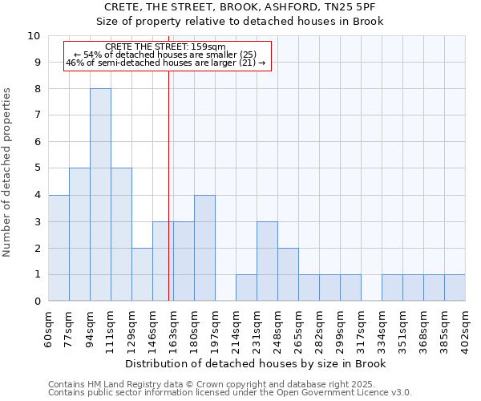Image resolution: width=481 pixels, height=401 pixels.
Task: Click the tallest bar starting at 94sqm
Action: click(100, 195)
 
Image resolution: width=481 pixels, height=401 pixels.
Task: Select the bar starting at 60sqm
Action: click(59, 248)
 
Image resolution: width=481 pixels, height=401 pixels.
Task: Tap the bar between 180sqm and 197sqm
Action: click(204, 248)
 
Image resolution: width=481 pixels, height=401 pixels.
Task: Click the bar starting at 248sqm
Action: click(288, 274)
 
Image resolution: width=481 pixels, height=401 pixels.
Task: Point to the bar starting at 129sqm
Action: click(142, 274)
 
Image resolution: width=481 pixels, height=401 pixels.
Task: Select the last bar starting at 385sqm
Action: click(455, 288)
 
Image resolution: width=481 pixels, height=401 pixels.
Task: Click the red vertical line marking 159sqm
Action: click(168, 184)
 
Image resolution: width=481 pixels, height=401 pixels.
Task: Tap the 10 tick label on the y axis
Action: click(34, 36)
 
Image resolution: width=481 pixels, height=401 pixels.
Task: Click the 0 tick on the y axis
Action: click(37, 302)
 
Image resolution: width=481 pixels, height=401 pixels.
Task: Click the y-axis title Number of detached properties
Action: click(8, 172)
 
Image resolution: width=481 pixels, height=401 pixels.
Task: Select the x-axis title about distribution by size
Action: click(257, 364)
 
